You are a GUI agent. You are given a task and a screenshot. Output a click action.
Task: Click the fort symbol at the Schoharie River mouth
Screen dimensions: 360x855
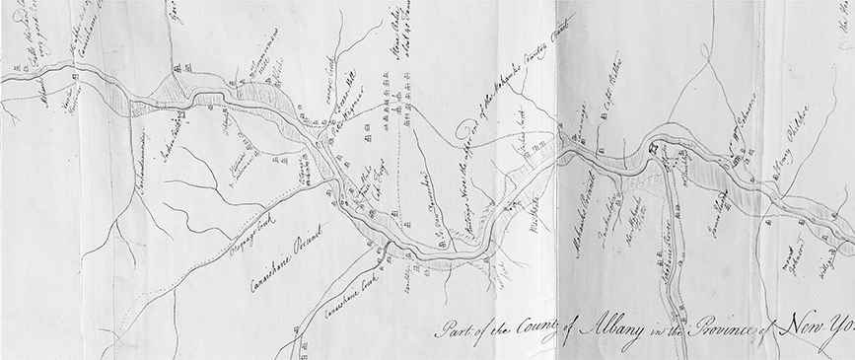click(654, 148)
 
